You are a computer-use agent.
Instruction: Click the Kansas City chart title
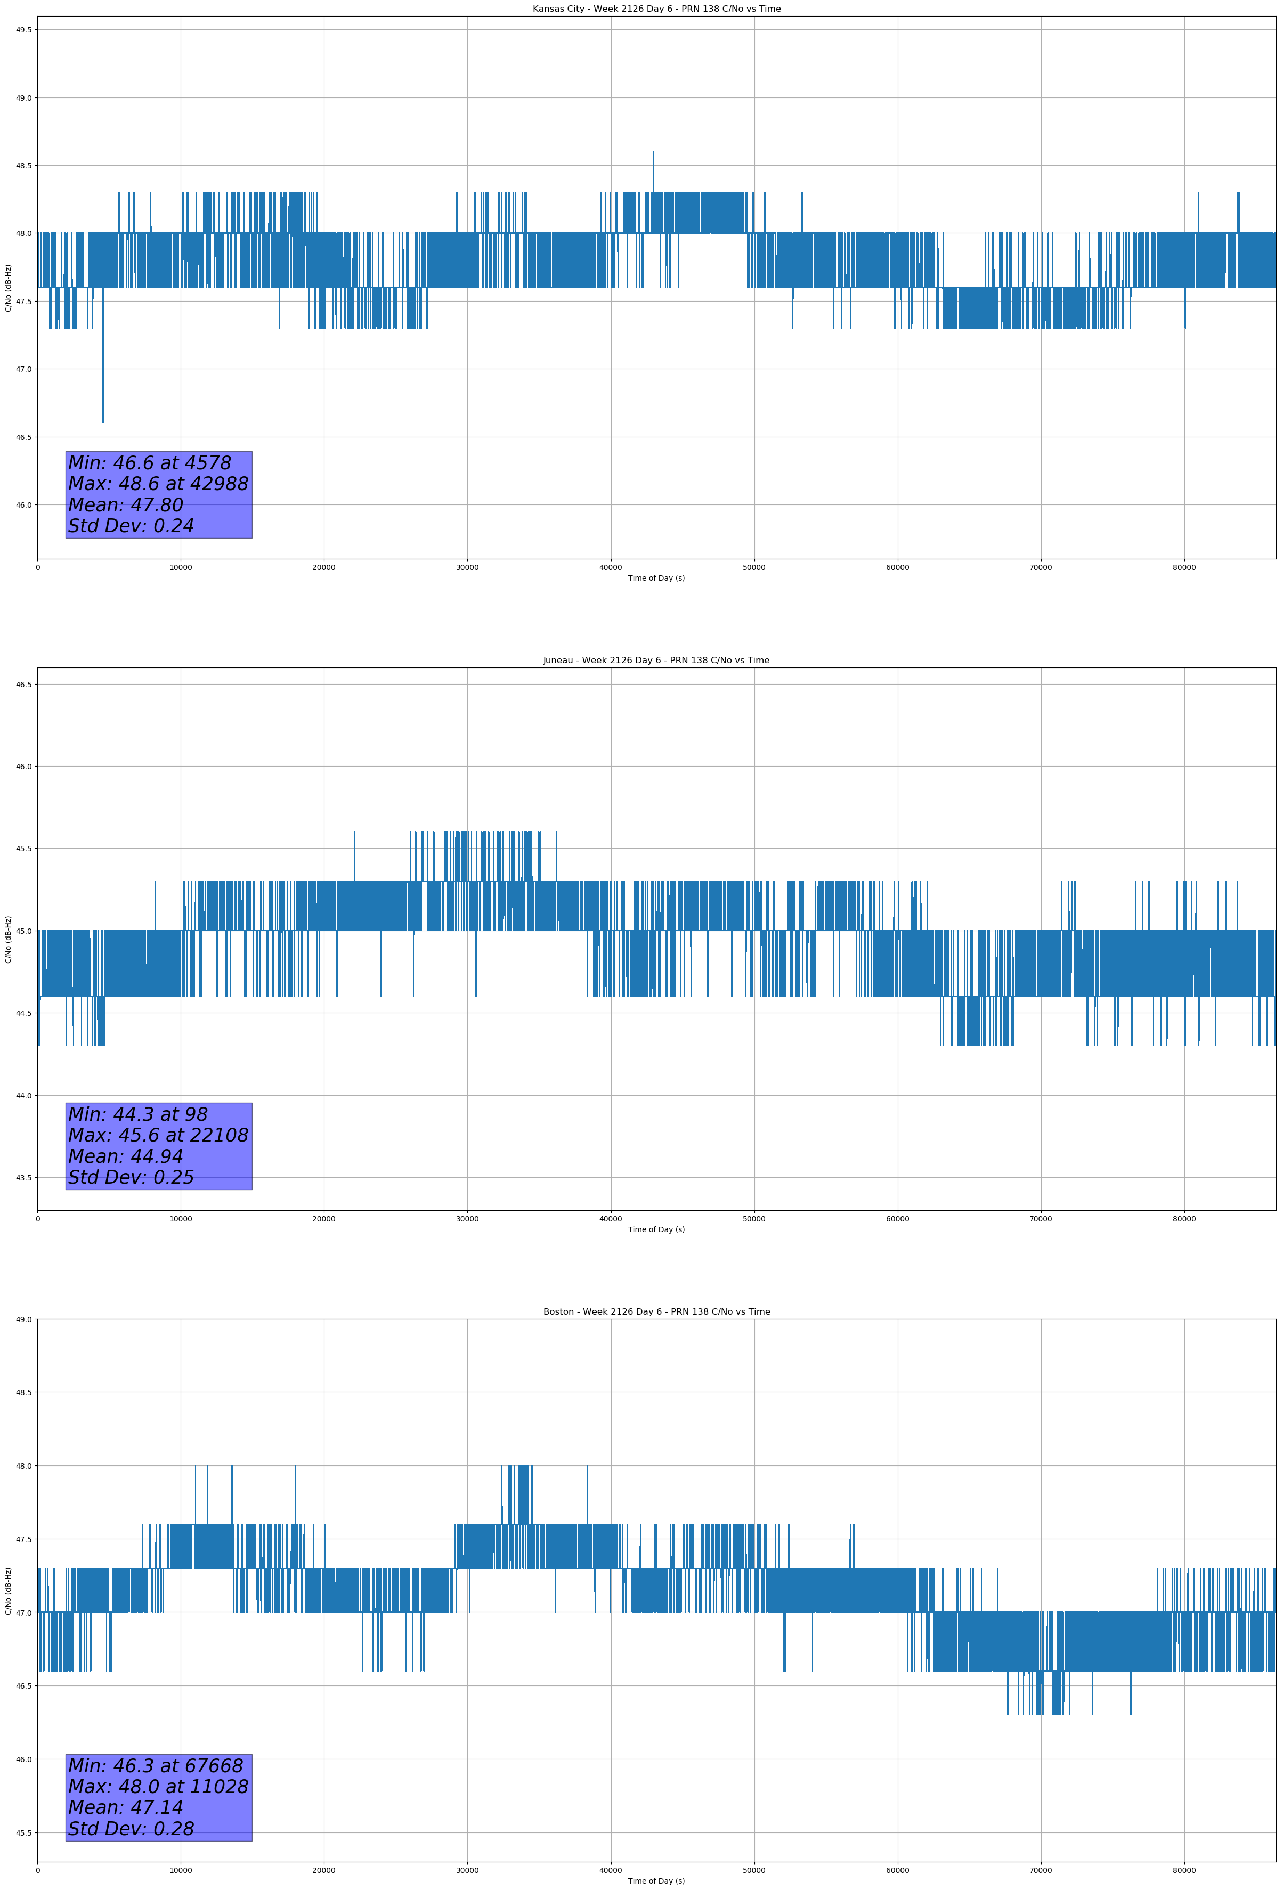(x=656, y=9)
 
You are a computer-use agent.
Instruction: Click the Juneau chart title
(x=656, y=661)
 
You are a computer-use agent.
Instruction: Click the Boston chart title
(x=656, y=1312)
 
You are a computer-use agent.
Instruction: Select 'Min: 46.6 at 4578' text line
(x=150, y=463)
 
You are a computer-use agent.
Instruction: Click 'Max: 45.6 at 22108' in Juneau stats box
(x=158, y=1135)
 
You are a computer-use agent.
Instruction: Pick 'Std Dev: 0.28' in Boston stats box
(x=131, y=1829)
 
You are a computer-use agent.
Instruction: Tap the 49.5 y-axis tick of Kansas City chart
(x=23, y=30)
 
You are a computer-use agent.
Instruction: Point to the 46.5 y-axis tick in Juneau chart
(x=23, y=685)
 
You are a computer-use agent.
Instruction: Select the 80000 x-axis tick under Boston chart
(x=1184, y=1870)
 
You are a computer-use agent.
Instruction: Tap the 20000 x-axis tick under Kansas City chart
(x=324, y=568)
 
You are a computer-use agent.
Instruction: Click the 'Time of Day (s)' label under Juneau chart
(x=656, y=1229)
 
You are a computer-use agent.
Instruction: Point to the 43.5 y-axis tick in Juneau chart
(x=23, y=1178)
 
